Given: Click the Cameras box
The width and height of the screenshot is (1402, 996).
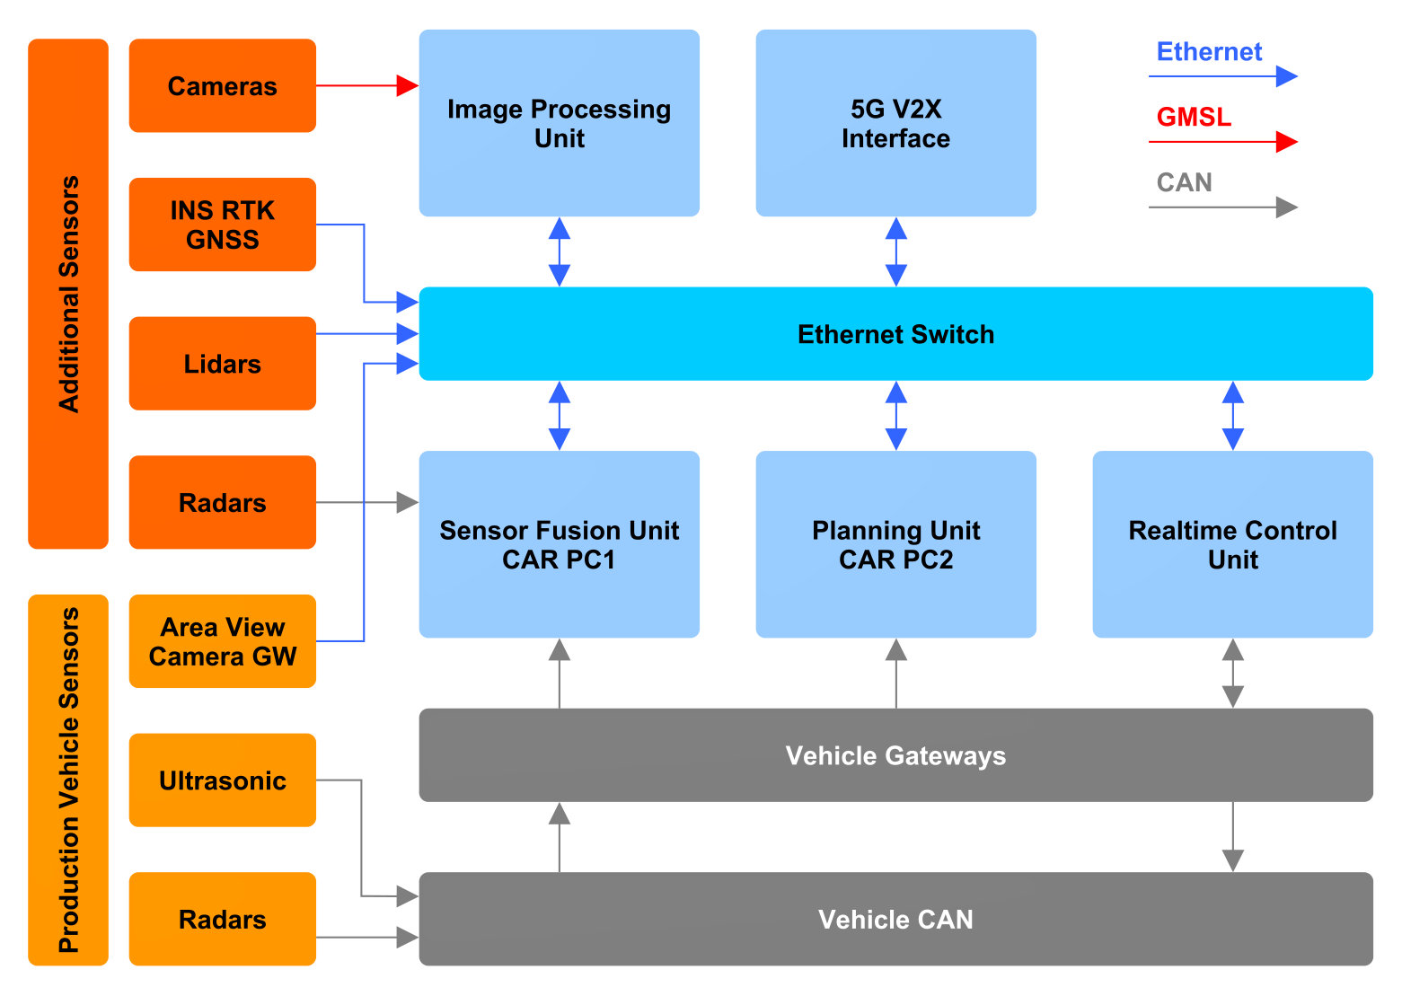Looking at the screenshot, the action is pyautogui.click(x=222, y=85).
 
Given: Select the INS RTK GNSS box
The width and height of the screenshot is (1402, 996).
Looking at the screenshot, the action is pyautogui.click(x=222, y=225).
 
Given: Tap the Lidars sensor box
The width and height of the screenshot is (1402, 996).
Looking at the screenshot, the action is pyautogui.click(x=222, y=364).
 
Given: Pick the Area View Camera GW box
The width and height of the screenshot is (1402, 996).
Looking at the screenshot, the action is pyautogui.click(x=222, y=641).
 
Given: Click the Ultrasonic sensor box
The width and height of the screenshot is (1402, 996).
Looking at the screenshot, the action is pyautogui.click(x=222, y=780).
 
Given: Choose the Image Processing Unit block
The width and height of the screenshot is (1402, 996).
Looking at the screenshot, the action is pyautogui.click(x=559, y=123).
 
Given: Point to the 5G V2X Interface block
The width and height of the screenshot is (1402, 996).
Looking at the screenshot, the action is pyautogui.click(x=895, y=123).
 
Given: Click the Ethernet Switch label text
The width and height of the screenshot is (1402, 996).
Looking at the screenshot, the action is pyautogui.click(x=895, y=334).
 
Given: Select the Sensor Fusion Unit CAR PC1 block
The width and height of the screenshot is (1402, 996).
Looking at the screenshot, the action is pyautogui.click(x=559, y=544).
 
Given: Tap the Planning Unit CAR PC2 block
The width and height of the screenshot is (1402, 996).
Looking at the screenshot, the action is pyautogui.click(x=895, y=544).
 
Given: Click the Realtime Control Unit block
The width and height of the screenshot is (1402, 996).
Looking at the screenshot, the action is pyautogui.click(x=1232, y=544).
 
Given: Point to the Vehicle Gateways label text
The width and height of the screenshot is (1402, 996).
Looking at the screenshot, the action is pyautogui.click(x=895, y=755).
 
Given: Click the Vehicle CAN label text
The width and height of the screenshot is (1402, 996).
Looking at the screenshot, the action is pyautogui.click(x=895, y=920).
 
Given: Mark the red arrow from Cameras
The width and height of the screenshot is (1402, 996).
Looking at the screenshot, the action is pyautogui.click(x=367, y=85).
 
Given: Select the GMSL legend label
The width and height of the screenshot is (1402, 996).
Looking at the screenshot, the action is pyautogui.click(x=1194, y=117).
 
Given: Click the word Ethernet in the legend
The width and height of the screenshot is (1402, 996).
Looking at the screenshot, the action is pyautogui.click(x=1209, y=51).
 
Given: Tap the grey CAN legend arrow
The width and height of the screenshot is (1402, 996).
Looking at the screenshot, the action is pyautogui.click(x=1223, y=207).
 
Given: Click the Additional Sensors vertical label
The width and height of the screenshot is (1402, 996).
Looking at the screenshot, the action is pyautogui.click(x=69, y=294).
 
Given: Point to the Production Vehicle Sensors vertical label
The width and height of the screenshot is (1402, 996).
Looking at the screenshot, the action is pyautogui.click(x=69, y=780).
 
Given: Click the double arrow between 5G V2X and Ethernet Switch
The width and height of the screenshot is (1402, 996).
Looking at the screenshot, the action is pyautogui.click(x=895, y=251).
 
